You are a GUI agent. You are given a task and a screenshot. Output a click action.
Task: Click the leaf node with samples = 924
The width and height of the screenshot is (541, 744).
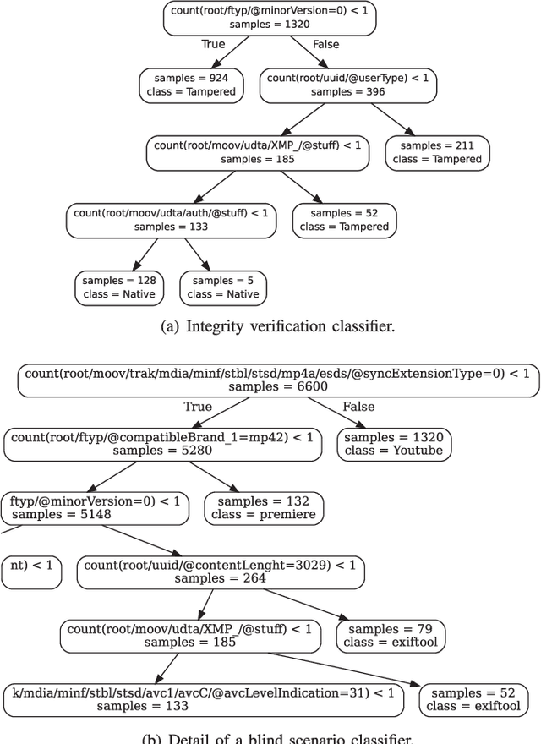(x=192, y=85)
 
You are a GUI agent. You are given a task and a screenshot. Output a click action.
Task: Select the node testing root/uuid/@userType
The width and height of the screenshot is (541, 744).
(x=347, y=85)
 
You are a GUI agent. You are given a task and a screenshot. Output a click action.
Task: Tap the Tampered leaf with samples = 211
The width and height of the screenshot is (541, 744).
(x=437, y=152)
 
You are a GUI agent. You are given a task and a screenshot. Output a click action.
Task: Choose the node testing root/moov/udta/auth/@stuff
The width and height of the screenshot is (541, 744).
(x=172, y=220)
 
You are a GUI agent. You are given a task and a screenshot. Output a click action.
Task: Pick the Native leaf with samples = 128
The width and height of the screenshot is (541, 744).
(x=118, y=287)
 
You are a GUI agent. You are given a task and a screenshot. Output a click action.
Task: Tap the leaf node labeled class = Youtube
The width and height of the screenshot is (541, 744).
(x=393, y=444)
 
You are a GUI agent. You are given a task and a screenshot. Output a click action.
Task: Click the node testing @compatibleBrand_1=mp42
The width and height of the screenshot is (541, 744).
(x=163, y=444)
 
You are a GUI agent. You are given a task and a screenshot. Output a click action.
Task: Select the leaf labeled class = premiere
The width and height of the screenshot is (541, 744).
(x=263, y=507)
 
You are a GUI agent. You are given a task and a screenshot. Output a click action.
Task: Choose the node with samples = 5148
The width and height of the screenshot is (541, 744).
(x=95, y=507)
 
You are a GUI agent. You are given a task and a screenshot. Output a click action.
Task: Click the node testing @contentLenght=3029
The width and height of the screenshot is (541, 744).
(x=221, y=572)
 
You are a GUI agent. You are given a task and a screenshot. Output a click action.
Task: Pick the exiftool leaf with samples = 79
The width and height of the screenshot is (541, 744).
(x=391, y=636)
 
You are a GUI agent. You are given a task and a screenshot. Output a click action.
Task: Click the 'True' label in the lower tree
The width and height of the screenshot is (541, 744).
(x=198, y=407)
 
